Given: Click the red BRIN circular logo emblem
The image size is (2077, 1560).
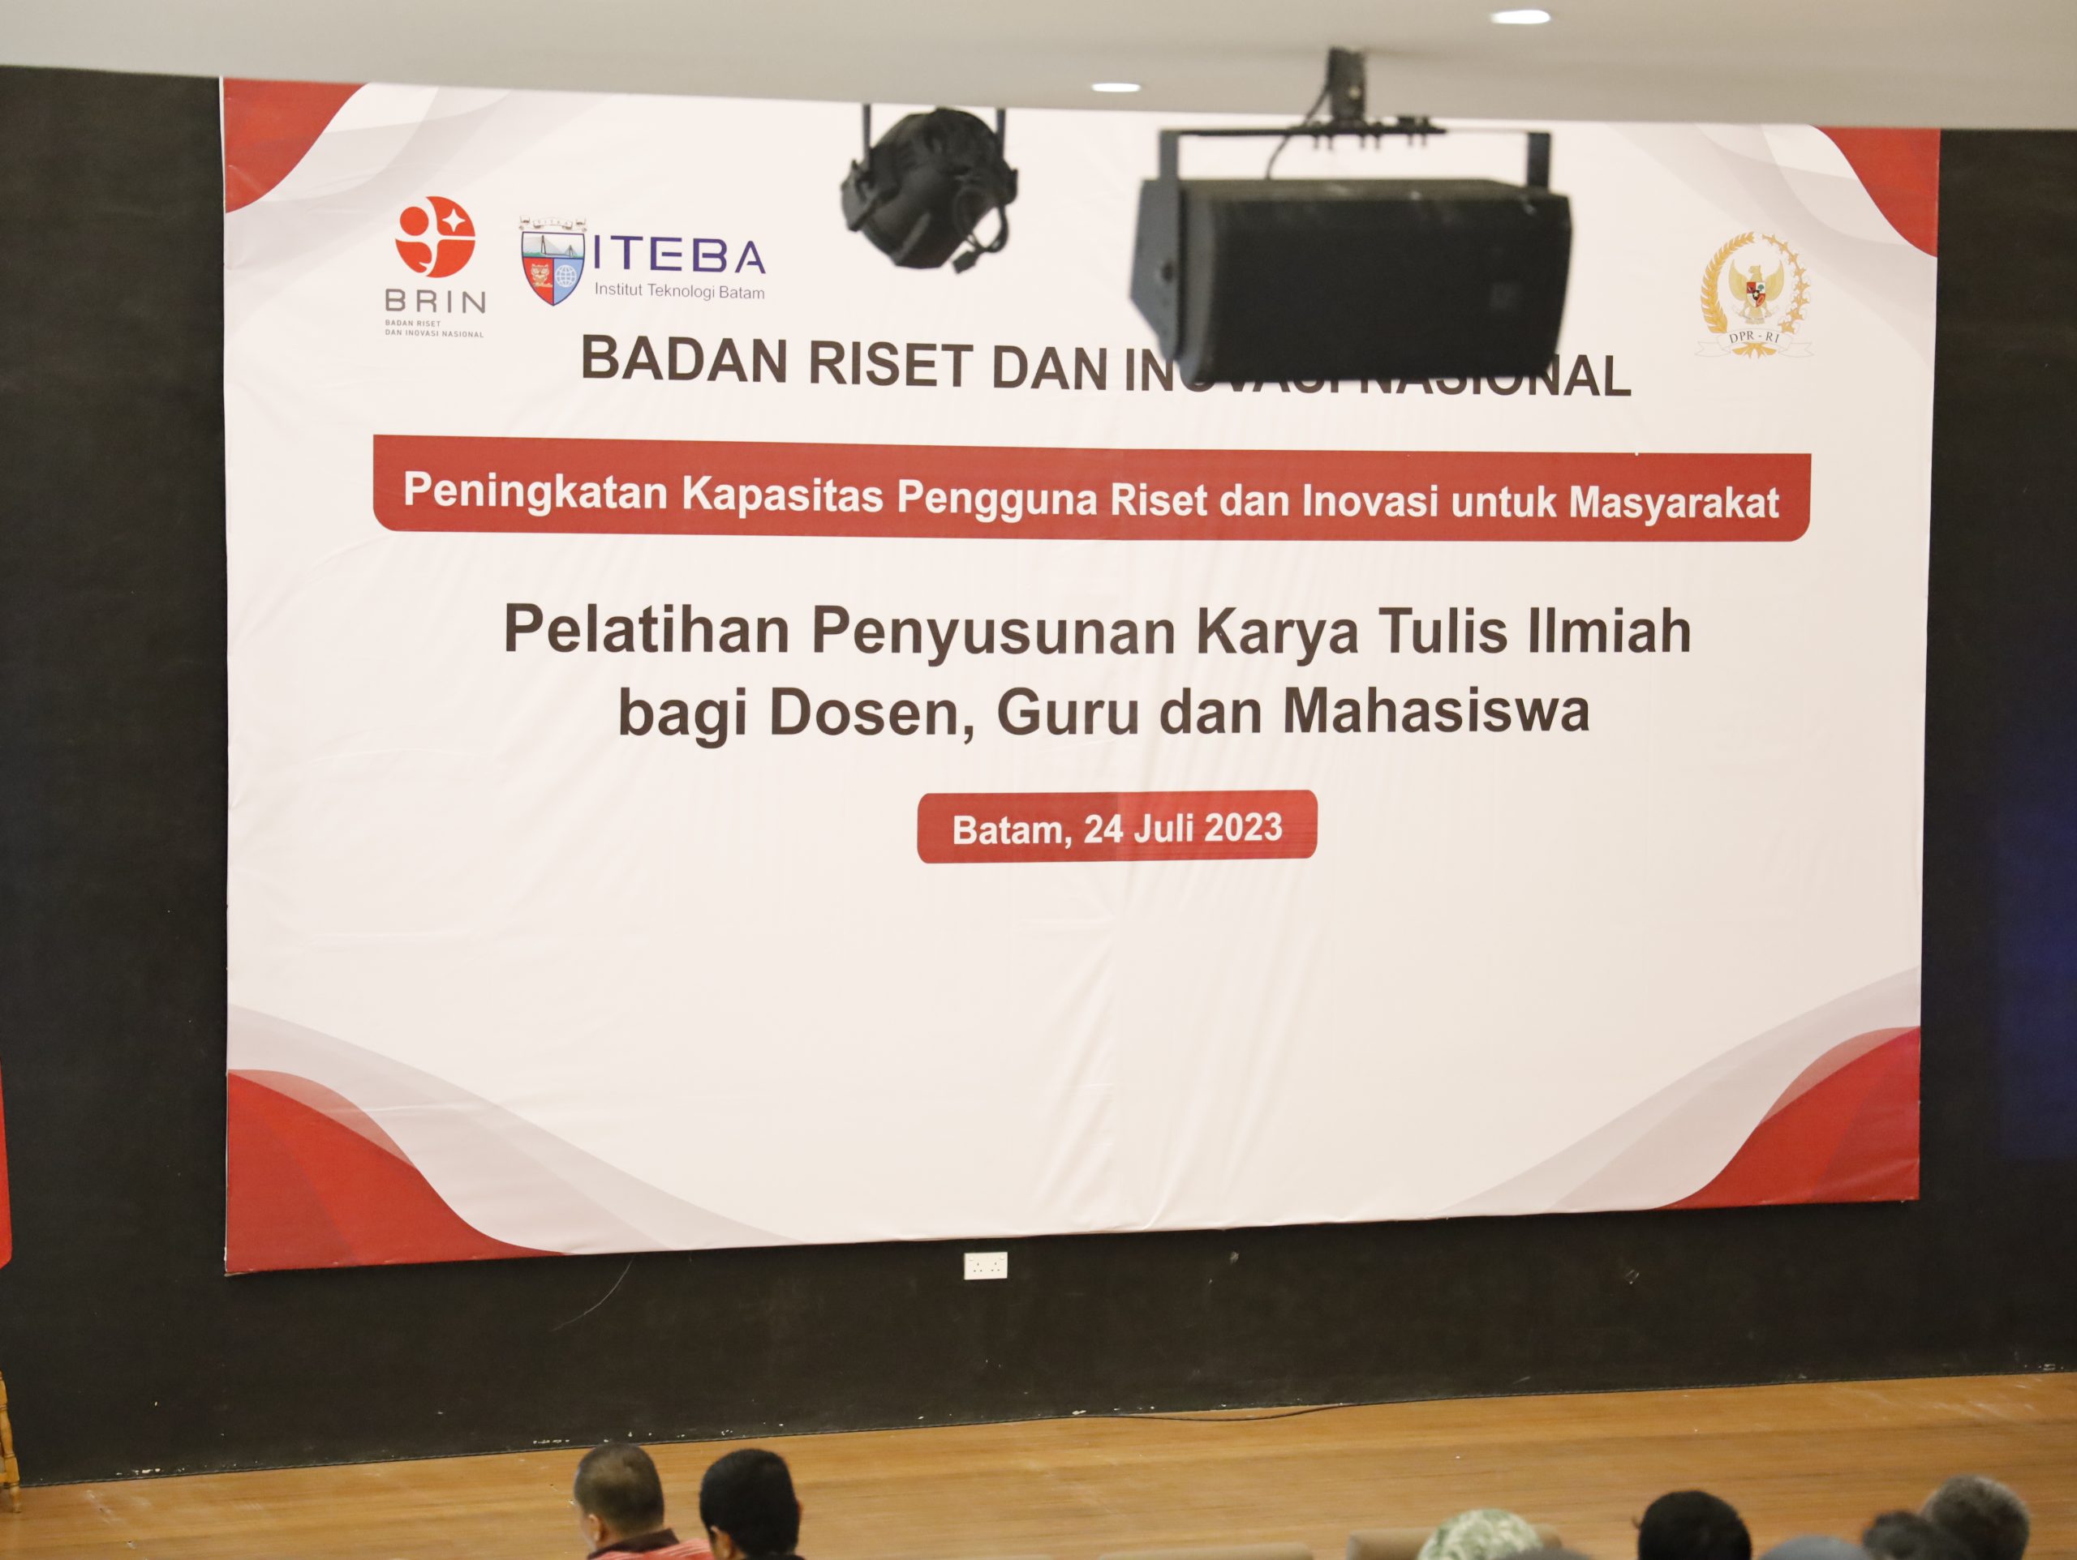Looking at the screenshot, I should pos(435,237).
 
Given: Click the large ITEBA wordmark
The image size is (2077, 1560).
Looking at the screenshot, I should pos(679,256).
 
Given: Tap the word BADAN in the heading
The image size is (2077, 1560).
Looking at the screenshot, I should pos(686,361).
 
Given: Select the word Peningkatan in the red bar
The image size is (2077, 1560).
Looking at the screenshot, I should pos(535,491).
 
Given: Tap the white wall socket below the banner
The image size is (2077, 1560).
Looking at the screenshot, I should pos(985,1266).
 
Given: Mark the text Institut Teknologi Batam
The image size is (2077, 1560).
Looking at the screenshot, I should pos(679,292).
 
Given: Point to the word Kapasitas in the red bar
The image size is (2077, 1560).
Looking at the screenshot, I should pos(782,495).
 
